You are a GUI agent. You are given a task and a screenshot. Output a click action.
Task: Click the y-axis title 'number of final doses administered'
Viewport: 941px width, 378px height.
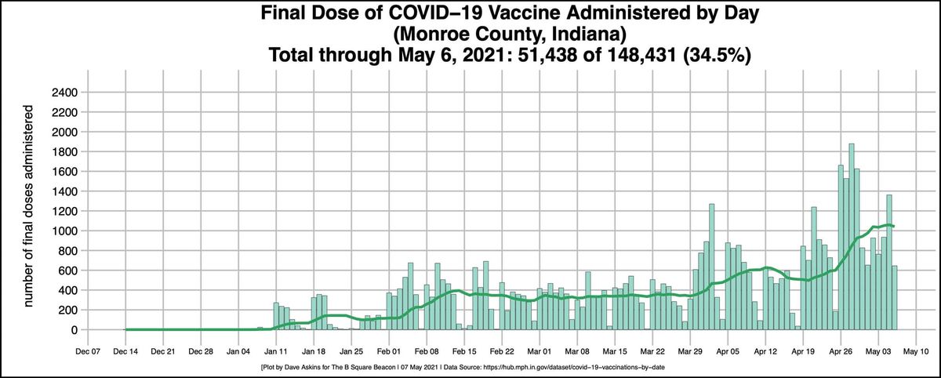click(29, 212)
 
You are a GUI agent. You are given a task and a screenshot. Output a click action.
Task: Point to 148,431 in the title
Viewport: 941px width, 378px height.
click(592, 56)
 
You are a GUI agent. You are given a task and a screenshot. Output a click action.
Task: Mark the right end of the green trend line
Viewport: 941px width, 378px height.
click(895, 227)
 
